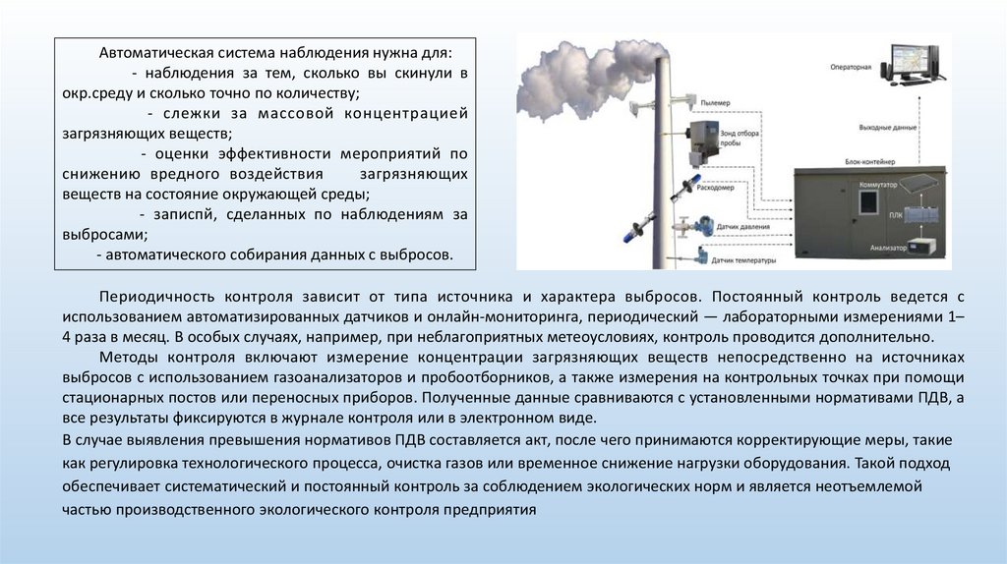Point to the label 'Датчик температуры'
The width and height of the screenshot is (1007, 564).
tap(743, 260)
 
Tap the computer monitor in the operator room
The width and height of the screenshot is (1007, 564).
tap(914, 60)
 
